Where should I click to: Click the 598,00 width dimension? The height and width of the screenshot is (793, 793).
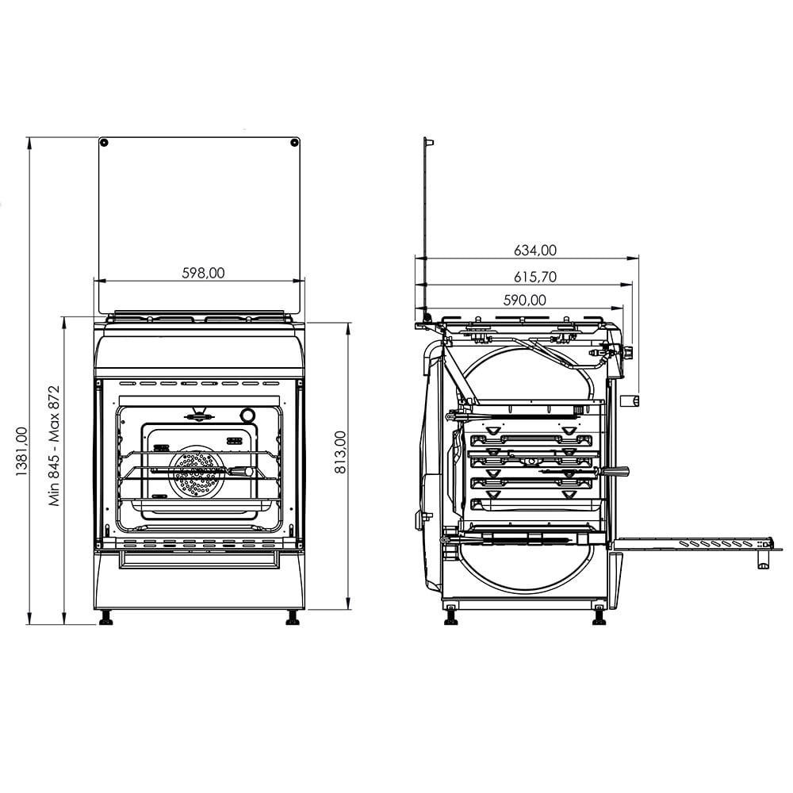tap(202, 272)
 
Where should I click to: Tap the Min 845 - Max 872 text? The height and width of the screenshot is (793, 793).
tap(55, 446)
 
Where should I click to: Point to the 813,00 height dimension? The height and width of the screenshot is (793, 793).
tap(339, 452)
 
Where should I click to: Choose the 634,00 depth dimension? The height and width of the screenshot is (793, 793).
tap(534, 250)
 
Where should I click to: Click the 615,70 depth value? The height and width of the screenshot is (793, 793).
tap(534, 277)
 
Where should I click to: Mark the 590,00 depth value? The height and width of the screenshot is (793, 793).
tap(525, 300)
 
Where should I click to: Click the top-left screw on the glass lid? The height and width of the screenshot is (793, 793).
tap(104, 143)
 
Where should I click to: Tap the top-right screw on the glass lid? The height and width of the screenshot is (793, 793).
tap(294, 143)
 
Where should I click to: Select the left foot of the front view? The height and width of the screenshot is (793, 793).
tap(105, 617)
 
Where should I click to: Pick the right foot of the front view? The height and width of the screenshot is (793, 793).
tap(292, 617)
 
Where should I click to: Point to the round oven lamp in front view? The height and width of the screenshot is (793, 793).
tap(248, 416)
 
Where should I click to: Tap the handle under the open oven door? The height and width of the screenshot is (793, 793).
tap(762, 561)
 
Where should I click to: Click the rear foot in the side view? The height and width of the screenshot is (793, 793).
tap(450, 615)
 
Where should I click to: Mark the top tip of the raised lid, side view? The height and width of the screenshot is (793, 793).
tap(429, 141)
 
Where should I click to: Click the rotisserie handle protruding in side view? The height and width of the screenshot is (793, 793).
tap(618, 472)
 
